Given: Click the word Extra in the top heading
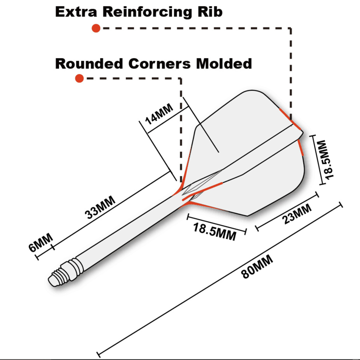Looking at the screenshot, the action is (x=76, y=12).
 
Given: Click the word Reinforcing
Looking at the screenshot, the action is (x=147, y=12).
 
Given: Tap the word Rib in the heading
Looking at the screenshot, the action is (x=210, y=12).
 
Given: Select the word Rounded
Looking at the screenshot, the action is (x=89, y=63).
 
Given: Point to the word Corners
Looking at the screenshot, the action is (x=159, y=63).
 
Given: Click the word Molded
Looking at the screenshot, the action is (x=224, y=63).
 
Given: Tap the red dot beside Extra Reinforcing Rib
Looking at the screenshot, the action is (x=96, y=28).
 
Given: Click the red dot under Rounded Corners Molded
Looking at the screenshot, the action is (x=79, y=78).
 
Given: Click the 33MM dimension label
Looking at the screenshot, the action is (x=100, y=207).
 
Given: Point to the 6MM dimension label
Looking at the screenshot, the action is (x=41, y=243).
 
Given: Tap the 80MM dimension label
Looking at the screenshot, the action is (x=257, y=267).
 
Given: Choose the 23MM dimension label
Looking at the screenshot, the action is (x=297, y=214).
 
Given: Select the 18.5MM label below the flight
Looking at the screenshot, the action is (x=214, y=232).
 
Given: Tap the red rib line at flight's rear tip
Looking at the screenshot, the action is (x=290, y=119).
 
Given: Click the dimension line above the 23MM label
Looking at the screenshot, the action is (x=287, y=211).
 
